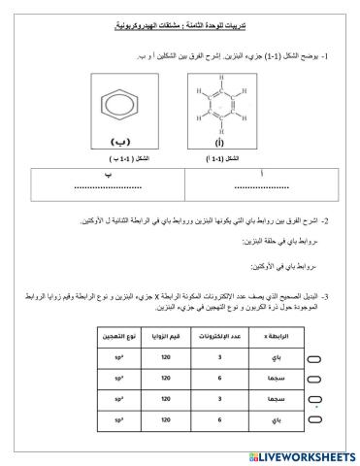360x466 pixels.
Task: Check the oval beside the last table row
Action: (341, 421)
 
